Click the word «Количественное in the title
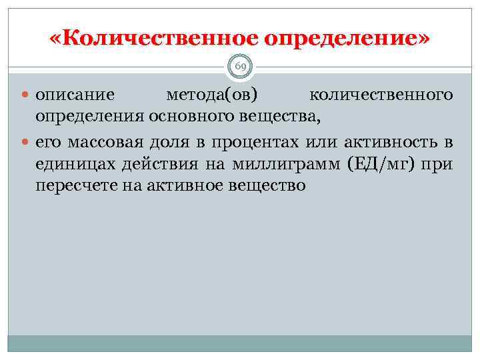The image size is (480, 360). [153, 39]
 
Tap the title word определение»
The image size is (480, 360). [347, 39]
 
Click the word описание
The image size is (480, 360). [75, 95]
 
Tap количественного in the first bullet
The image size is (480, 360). [382, 95]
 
